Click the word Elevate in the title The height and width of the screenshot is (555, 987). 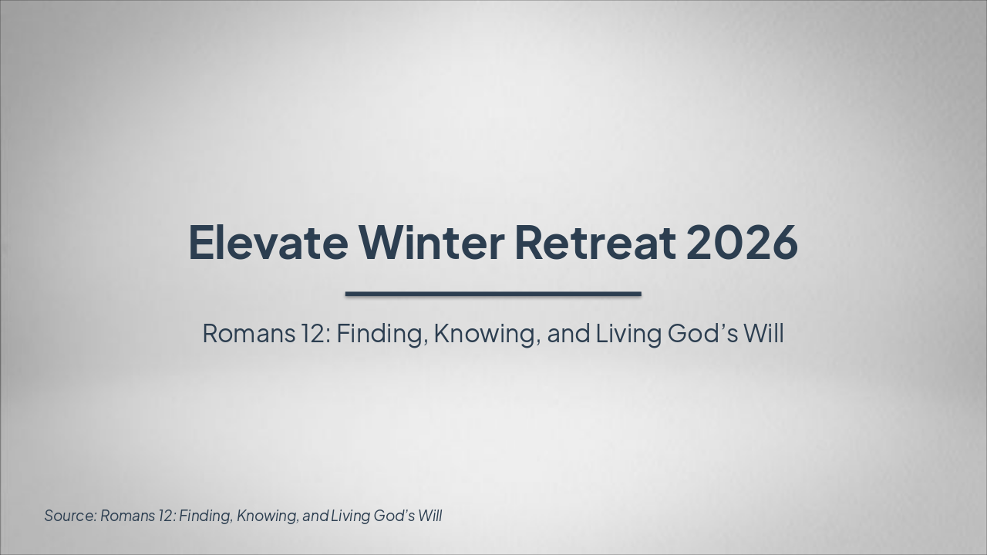pyautogui.click(x=268, y=242)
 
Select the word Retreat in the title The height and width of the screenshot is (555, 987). pyautogui.click(x=595, y=242)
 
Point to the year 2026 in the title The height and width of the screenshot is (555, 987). pyautogui.click(x=741, y=242)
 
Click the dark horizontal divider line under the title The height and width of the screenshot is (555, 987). pyautogui.click(x=493, y=294)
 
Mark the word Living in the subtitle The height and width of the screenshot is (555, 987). pyautogui.click(x=629, y=334)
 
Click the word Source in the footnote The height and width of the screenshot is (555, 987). pyautogui.click(x=69, y=516)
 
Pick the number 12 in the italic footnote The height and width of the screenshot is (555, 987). pyautogui.click(x=166, y=516)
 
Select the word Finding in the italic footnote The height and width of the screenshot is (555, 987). pyautogui.click(x=205, y=516)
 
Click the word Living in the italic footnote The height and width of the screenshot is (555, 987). pyautogui.click(x=350, y=516)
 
